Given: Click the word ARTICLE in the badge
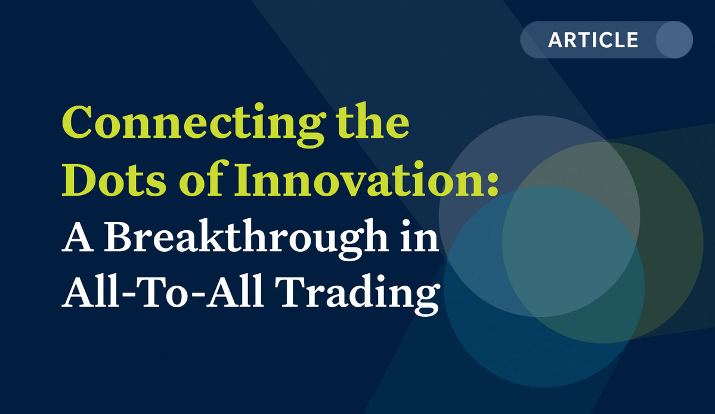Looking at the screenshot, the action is tap(593, 40).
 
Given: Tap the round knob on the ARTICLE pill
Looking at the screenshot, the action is tap(674, 39).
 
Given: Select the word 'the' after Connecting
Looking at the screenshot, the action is tap(373, 121).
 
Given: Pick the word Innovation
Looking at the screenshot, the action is tap(358, 179).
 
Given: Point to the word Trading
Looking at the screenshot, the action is tap(357, 293).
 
